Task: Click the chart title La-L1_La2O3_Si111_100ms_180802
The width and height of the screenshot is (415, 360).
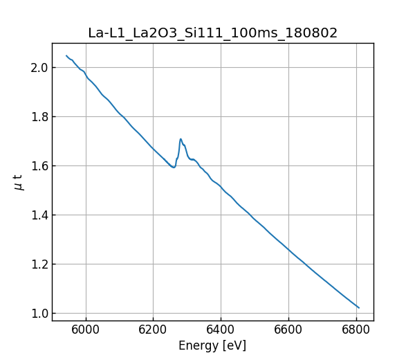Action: pyautogui.click(x=212, y=33)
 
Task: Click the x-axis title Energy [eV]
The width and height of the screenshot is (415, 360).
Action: pyautogui.click(x=212, y=345)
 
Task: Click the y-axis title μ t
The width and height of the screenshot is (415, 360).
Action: pyautogui.click(x=19, y=182)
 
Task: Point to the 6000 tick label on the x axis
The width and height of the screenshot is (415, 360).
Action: pyautogui.click(x=86, y=330)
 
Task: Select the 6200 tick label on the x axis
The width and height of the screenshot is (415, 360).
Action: pyautogui.click(x=154, y=330)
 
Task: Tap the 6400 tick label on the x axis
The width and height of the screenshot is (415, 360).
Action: pyautogui.click(x=221, y=330)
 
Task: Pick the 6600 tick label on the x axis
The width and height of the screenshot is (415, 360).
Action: pyautogui.click(x=288, y=330)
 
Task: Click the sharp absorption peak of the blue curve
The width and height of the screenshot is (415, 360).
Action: pyautogui.click(x=181, y=138)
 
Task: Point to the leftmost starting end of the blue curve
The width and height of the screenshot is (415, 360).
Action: pyautogui.click(x=66, y=55)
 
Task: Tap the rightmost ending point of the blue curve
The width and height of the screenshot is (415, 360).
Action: pyautogui.click(x=359, y=307)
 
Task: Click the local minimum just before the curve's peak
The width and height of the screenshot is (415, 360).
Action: pyautogui.click(x=174, y=167)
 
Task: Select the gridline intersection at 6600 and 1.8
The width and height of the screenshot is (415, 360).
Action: pyautogui.click(x=288, y=116)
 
